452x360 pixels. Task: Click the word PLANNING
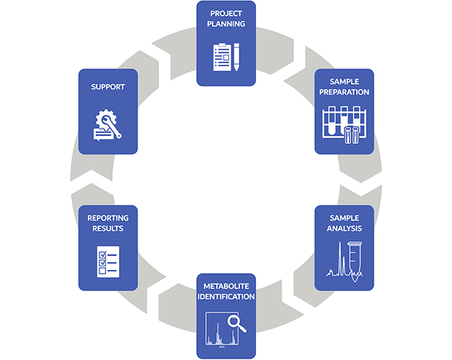click(226, 24)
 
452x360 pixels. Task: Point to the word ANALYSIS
click(344, 228)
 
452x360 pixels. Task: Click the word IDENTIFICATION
click(226, 296)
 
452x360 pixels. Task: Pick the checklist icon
click(108, 262)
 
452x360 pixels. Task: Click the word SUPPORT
click(108, 87)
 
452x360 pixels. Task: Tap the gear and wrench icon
click(108, 124)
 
